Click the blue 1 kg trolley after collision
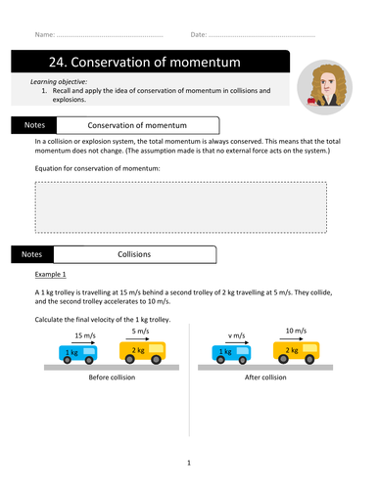228,353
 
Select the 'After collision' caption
260,378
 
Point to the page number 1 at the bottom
189,463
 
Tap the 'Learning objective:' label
60,81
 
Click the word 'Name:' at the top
44,34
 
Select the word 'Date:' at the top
199,34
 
